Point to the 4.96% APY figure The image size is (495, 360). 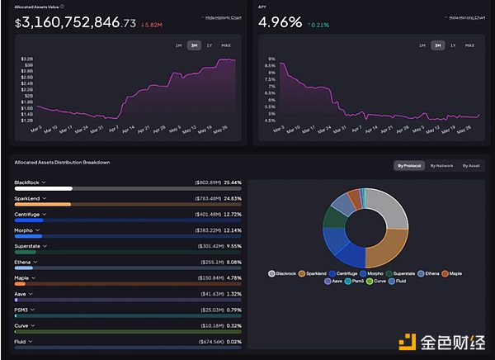click(280, 22)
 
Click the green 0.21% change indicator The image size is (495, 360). click(319, 25)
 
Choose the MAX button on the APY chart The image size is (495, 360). click(469, 45)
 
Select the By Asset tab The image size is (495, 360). click(471, 166)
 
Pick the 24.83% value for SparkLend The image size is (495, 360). click(233, 199)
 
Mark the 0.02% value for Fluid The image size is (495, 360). click(233, 340)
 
